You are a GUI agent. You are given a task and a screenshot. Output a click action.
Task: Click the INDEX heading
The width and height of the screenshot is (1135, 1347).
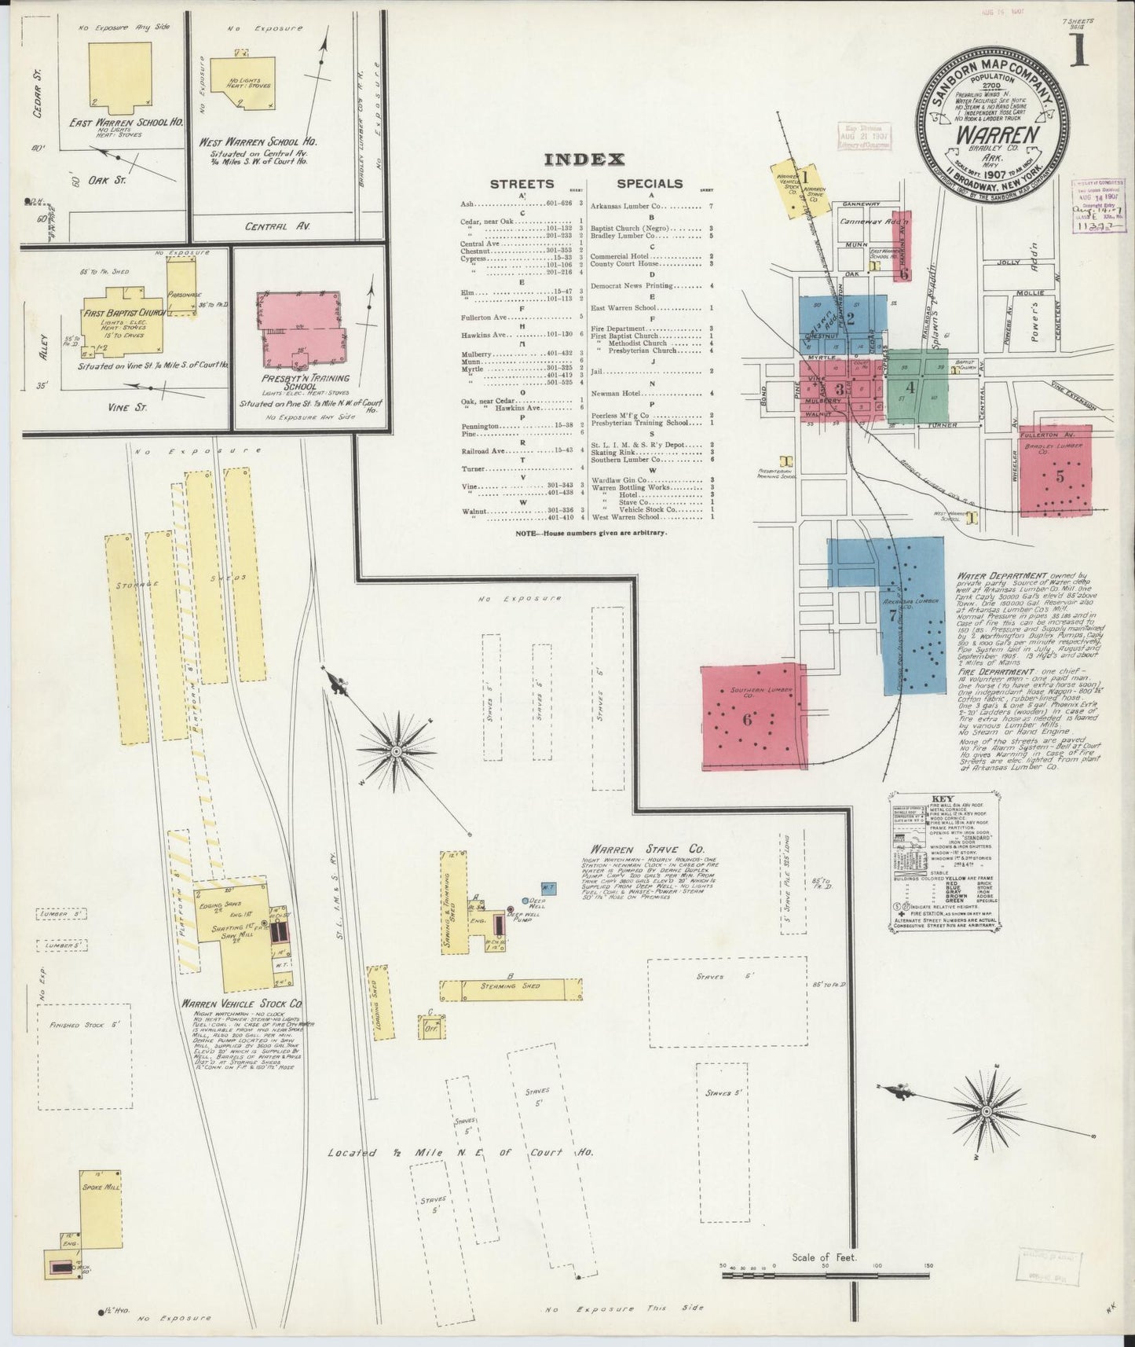pos(584,160)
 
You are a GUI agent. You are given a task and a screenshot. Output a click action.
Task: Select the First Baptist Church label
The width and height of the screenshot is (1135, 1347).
pos(121,313)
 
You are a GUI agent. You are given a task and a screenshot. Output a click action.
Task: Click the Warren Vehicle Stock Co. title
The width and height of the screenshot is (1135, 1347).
pos(242,1004)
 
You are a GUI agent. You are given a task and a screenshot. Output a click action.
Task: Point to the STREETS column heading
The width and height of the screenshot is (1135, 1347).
pos(522,184)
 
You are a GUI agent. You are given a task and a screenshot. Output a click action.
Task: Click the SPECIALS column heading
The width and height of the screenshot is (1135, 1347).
pos(649,184)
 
